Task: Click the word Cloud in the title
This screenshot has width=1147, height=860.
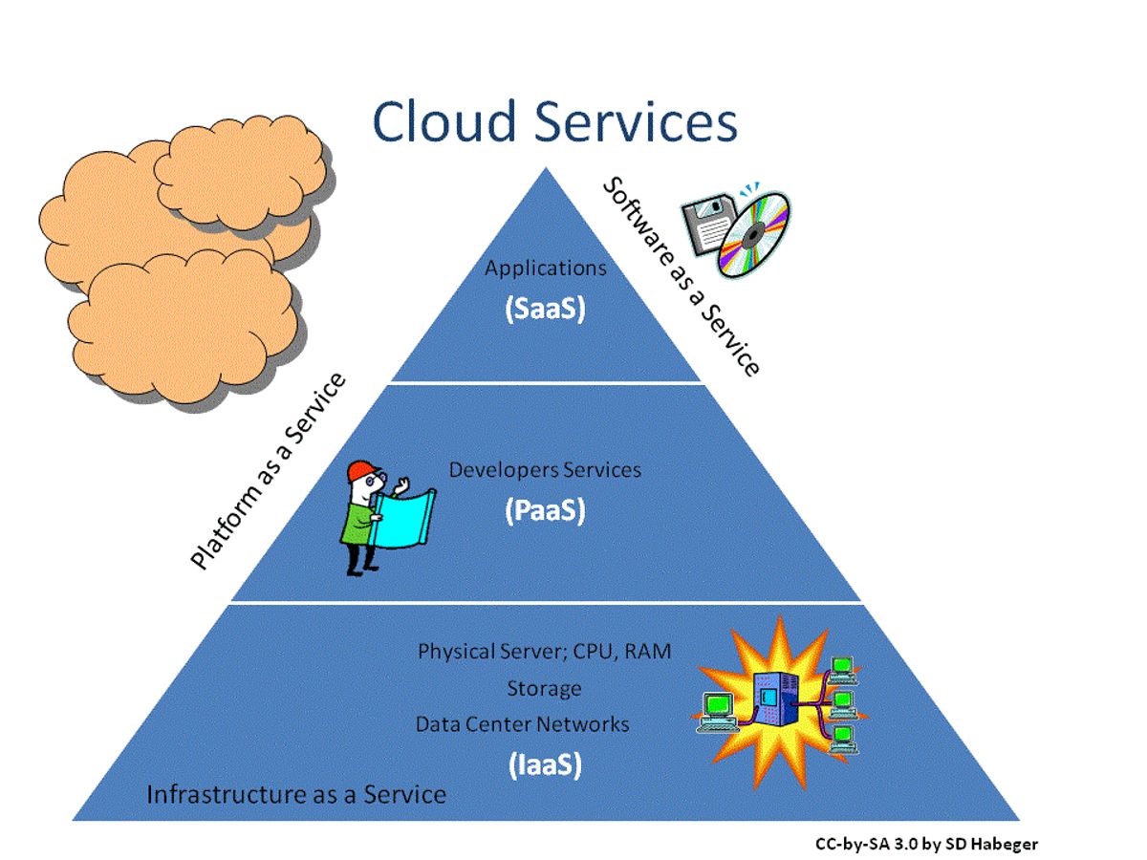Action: coord(444,122)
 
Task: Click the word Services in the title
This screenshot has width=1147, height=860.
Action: coord(636,122)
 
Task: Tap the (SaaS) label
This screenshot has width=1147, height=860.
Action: coord(545,310)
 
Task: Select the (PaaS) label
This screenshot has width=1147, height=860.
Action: coord(545,511)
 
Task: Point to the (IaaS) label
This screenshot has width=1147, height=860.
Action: coord(545,764)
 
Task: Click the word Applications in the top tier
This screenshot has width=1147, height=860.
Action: coord(545,269)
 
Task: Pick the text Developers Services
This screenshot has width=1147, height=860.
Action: coord(545,470)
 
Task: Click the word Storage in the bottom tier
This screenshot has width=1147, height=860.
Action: coord(544,688)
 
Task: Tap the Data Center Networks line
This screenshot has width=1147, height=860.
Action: coord(522,724)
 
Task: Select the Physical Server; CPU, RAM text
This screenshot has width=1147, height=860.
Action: coord(544,652)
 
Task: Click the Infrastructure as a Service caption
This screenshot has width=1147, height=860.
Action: coord(296,794)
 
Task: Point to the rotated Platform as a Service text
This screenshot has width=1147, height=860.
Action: coord(268,473)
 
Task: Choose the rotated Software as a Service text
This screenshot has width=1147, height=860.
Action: coord(681,277)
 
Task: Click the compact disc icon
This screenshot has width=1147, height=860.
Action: coord(755,234)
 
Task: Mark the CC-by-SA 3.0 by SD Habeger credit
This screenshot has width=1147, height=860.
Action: coord(925,844)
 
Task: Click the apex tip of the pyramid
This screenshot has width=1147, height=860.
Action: coord(546,170)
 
